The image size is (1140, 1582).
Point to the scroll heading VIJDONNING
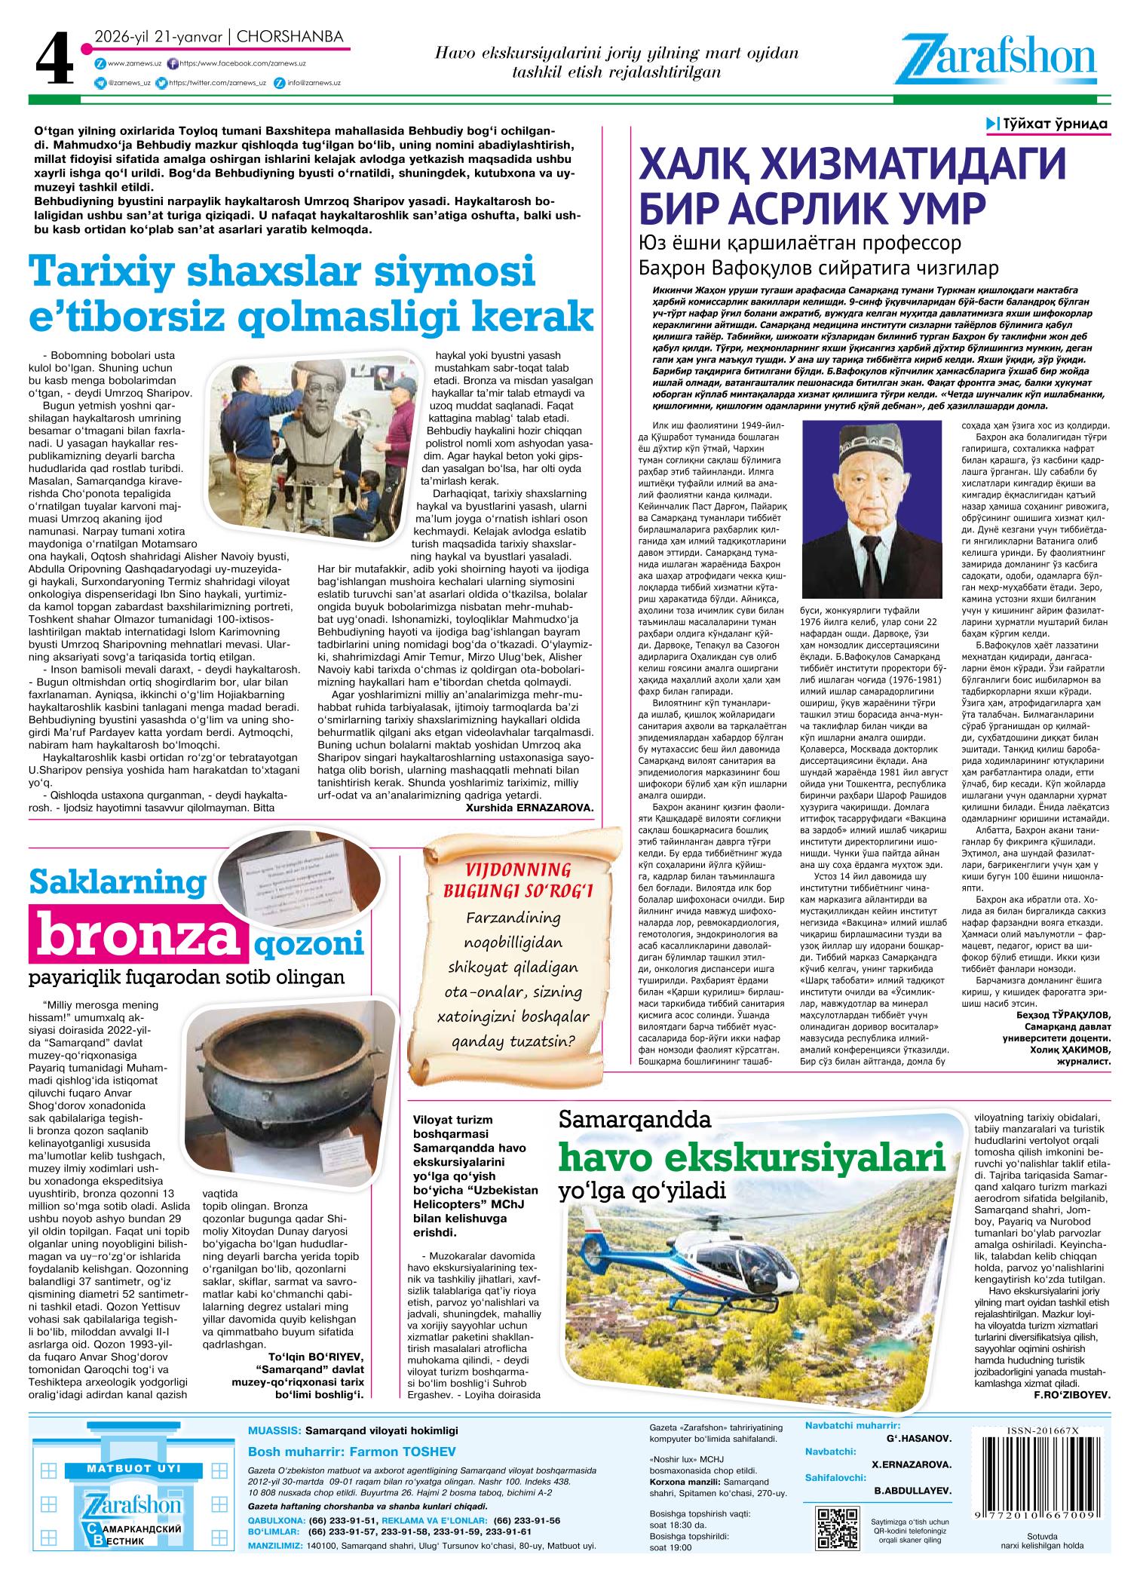click(519, 869)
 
